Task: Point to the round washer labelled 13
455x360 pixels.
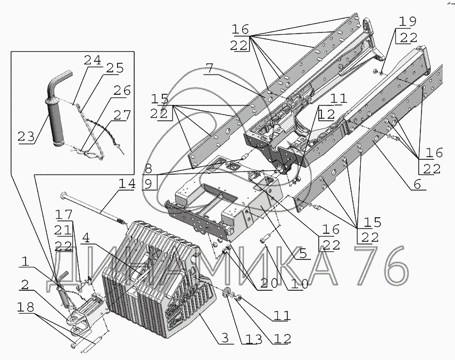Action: coord(226,293)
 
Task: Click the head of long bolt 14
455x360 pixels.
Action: coord(64,194)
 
